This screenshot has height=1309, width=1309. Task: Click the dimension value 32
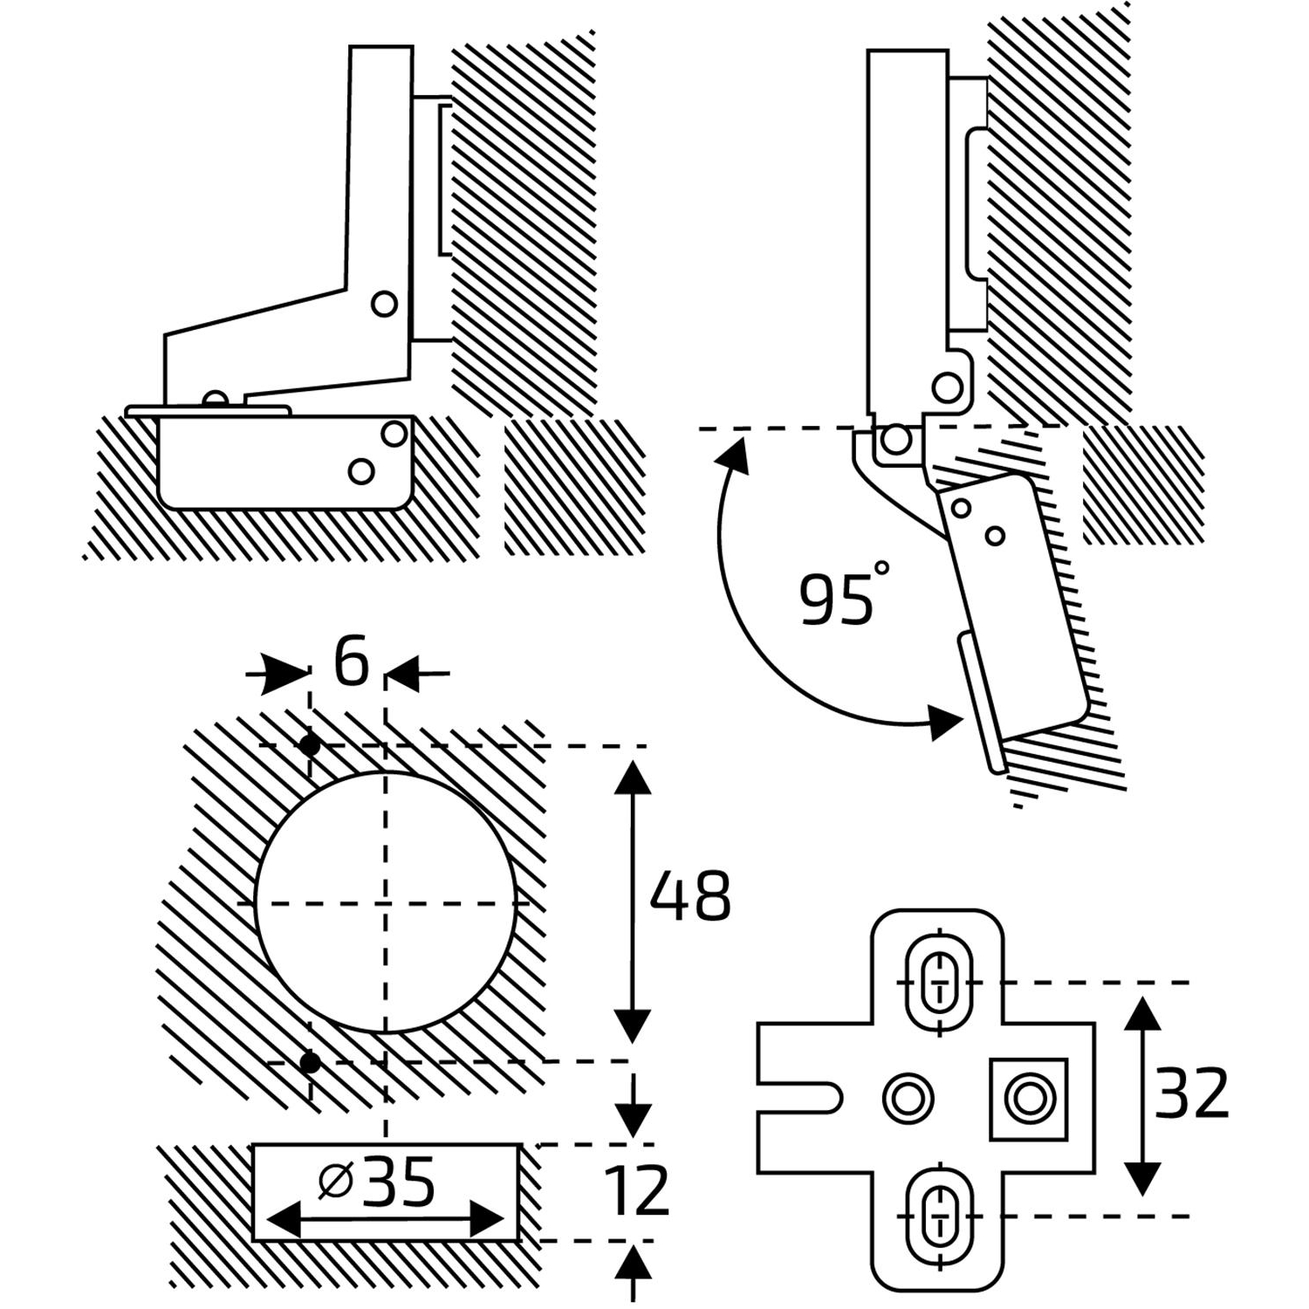tap(1190, 1093)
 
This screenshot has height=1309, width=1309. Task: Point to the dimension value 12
tap(638, 1190)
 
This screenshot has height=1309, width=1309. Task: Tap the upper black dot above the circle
tap(309, 745)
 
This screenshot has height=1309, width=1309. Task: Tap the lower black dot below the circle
tap(309, 1062)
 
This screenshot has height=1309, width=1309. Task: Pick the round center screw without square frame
tap(908, 1098)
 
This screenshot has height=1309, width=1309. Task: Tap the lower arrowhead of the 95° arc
tap(946, 723)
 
